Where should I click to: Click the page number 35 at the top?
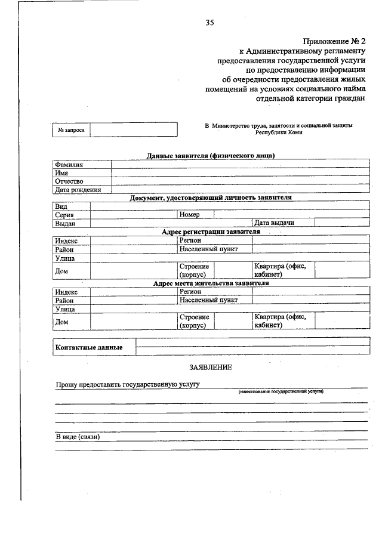coord(210,23)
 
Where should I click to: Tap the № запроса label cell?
coord(71,129)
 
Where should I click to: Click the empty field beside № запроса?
coord(134,129)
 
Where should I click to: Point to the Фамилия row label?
coord(69,164)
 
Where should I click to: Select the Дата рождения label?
coord(78,190)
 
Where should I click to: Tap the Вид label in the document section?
coord(61,206)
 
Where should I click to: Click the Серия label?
coord(64,214)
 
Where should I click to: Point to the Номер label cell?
coord(189,214)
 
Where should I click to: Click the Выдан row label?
coord(65,223)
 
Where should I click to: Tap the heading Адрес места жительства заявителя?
coord(211,283)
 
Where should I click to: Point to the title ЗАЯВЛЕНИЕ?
coord(211,368)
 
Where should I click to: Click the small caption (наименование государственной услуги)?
coord(281,391)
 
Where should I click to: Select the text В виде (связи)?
coord(77,437)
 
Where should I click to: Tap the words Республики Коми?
coord(279,132)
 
